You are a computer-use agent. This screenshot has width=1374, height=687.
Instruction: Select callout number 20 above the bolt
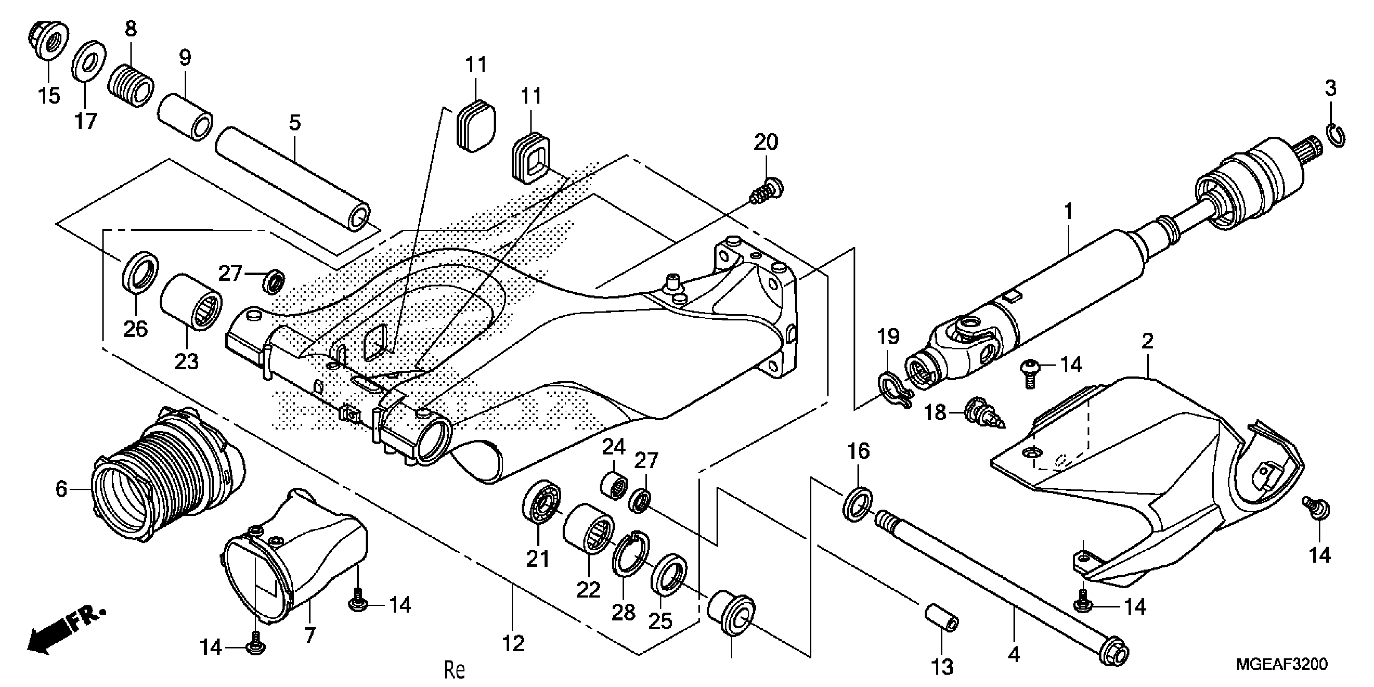(x=765, y=142)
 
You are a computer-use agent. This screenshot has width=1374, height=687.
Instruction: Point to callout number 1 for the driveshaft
(x=1068, y=212)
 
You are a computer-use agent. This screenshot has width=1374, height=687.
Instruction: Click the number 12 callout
(x=513, y=644)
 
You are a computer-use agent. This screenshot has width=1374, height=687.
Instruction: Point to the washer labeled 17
(x=88, y=61)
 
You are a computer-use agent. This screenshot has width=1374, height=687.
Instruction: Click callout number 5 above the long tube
(x=295, y=123)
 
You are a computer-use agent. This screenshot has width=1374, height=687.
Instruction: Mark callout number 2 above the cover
(x=1147, y=341)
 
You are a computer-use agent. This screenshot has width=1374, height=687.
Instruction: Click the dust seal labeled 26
(x=140, y=271)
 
